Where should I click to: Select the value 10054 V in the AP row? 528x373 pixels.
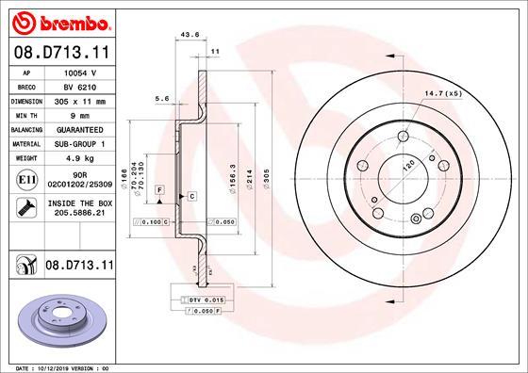point(81,73)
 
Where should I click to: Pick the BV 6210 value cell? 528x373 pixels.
point(81,86)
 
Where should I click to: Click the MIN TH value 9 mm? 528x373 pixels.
point(81,113)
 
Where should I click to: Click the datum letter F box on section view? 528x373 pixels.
point(161,190)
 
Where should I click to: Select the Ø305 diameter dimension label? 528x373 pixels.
point(267,180)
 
